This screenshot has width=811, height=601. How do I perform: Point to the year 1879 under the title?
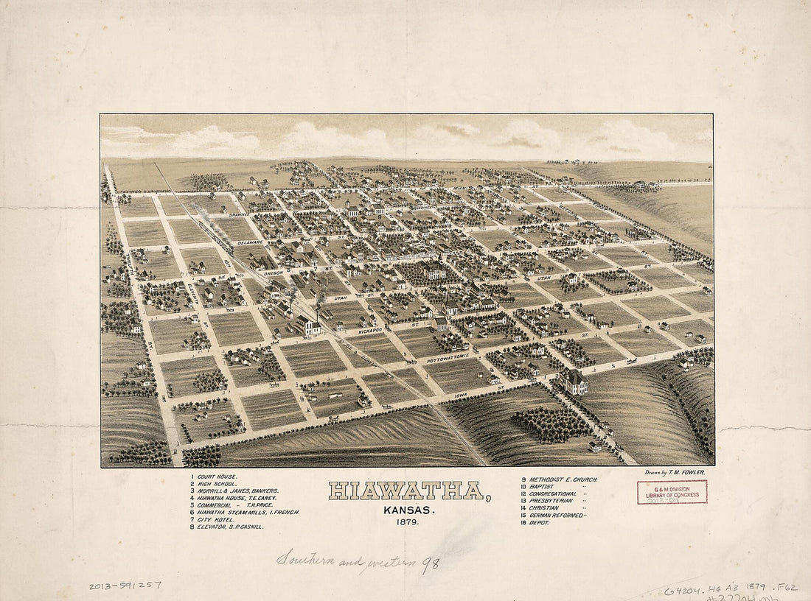[405, 521]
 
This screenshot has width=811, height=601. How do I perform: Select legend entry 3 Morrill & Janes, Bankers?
[234, 491]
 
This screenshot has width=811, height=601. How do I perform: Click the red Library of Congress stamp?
[672, 492]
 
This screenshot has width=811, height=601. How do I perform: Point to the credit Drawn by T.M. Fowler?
[674, 472]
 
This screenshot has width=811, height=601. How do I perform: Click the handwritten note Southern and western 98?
[358, 561]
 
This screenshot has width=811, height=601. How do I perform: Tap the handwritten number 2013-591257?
[125, 586]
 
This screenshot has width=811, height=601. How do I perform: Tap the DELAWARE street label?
[250, 242]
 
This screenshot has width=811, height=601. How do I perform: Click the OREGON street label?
[273, 273]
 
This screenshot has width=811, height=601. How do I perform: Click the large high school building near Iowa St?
[573, 382]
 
